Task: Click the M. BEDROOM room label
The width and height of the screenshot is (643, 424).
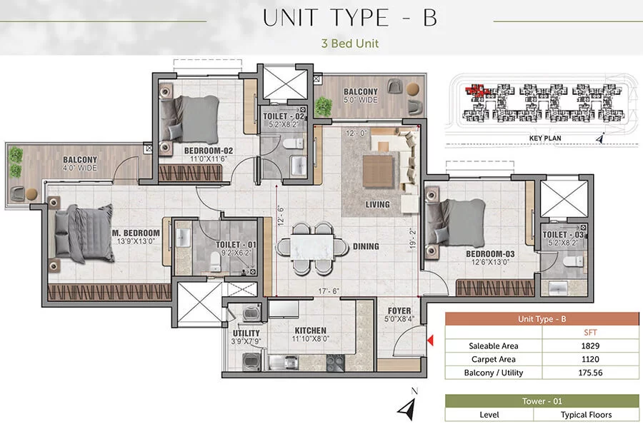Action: tap(136, 233)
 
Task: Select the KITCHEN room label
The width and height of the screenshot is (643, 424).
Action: tap(311, 330)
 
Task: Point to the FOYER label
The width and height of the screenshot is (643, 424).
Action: tap(399, 311)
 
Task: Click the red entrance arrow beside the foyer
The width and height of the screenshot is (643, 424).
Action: tap(430, 340)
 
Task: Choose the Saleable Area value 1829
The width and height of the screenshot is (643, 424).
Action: tap(590, 345)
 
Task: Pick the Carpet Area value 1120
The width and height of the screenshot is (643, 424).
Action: tap(590, 359)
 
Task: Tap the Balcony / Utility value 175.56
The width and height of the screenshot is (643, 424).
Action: tap(590, 373)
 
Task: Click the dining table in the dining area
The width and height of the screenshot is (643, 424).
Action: tap(311, 247)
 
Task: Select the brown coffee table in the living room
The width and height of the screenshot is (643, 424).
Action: tap(378, 171)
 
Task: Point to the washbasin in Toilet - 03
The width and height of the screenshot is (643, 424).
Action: tap(558, 288)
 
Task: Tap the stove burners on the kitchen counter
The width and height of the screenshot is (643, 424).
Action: tap(335, 363)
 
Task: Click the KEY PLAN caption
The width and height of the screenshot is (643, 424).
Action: tap(545, 138)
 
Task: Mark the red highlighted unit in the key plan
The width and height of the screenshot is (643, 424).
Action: tap(475, 91)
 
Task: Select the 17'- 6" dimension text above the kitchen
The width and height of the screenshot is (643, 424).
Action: tap(329, 291)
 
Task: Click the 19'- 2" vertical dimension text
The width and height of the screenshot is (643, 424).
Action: tap(412, 238)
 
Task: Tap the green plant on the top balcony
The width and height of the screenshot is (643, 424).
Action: tap(324, 106)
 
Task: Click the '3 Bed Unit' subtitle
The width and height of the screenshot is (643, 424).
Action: tap(350, 44)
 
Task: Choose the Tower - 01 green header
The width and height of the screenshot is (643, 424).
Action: tap(542, 401)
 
